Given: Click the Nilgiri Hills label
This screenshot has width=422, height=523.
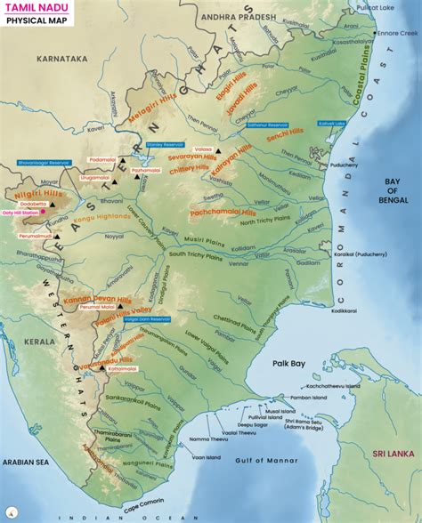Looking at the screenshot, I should (37, 190).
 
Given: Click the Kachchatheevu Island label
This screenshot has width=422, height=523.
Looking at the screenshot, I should (325, 387).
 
